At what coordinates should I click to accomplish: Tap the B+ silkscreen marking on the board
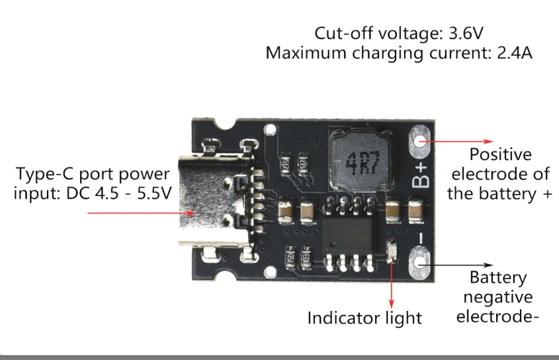point(421,175)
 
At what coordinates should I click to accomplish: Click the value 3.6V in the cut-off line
point(466,33)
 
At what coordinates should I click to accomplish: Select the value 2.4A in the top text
point(515,53)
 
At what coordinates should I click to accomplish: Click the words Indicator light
point(365,318)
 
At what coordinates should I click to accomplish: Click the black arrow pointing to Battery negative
point(457,265)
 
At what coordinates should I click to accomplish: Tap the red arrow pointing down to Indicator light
point(392,284)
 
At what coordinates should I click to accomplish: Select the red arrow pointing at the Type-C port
point(141,213)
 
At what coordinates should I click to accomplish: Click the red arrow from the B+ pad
point(457,142)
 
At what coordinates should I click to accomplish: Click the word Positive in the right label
point(501,154)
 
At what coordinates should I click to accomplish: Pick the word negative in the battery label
point(498,297)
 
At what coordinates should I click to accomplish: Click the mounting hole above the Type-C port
point(270,129)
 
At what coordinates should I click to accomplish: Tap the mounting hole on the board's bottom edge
point(270,273)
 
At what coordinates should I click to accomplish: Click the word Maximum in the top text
point(306,53)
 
